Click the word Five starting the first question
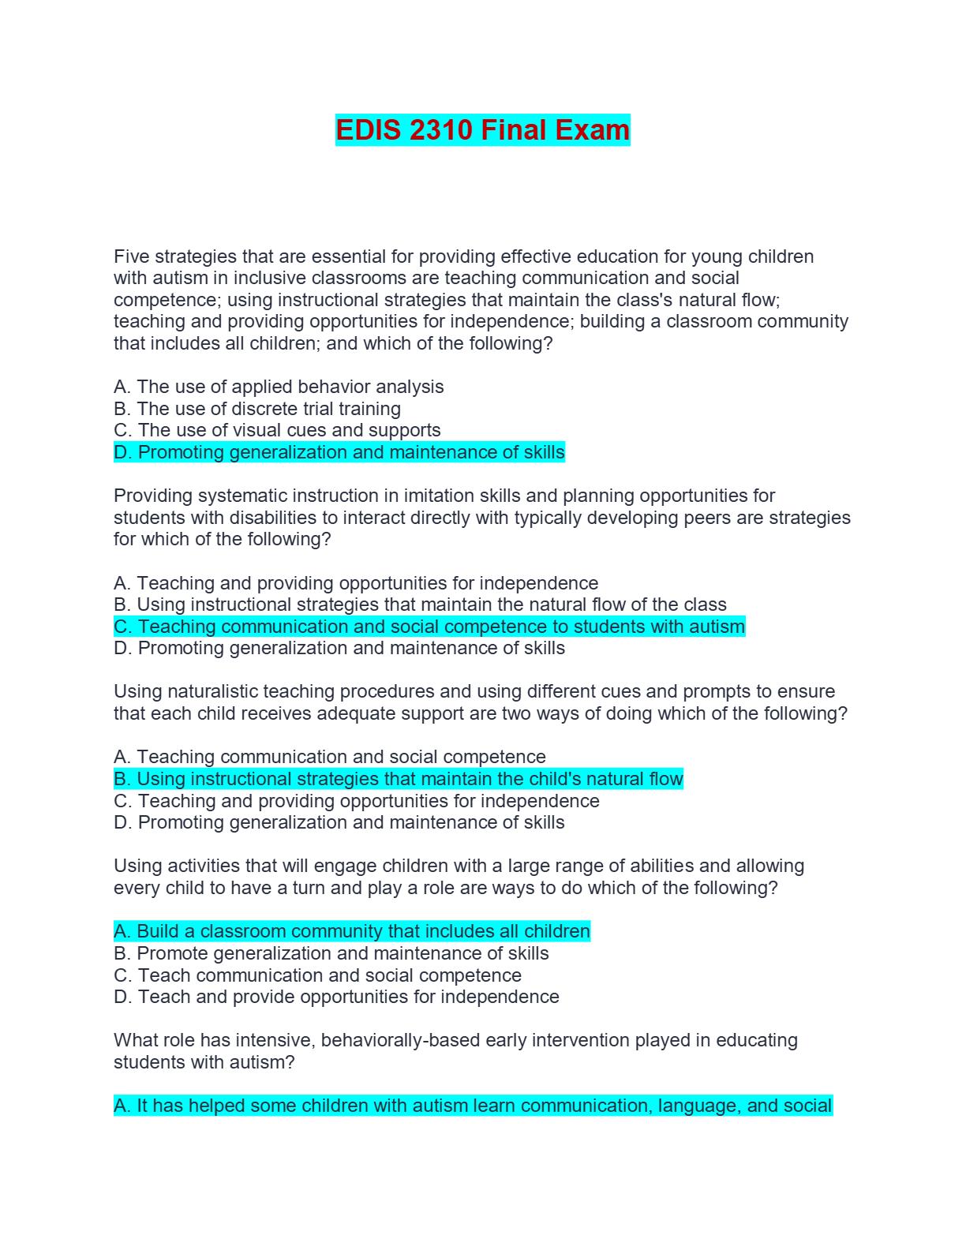(x=131, y=256)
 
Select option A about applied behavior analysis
(x=279, y=387)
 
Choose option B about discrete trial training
(x=257, y=409)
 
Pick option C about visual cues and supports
(x=277, y=430)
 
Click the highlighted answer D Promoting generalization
(x=339, y=452)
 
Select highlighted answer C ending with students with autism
(x=429, y=627)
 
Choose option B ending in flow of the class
(x=420, y=604)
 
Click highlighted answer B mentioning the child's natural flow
(x=399, y=779)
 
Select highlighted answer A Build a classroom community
(x=352, y=931)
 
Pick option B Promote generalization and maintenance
(x=331, y=953)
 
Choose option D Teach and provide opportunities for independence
(x=336, y=997)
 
